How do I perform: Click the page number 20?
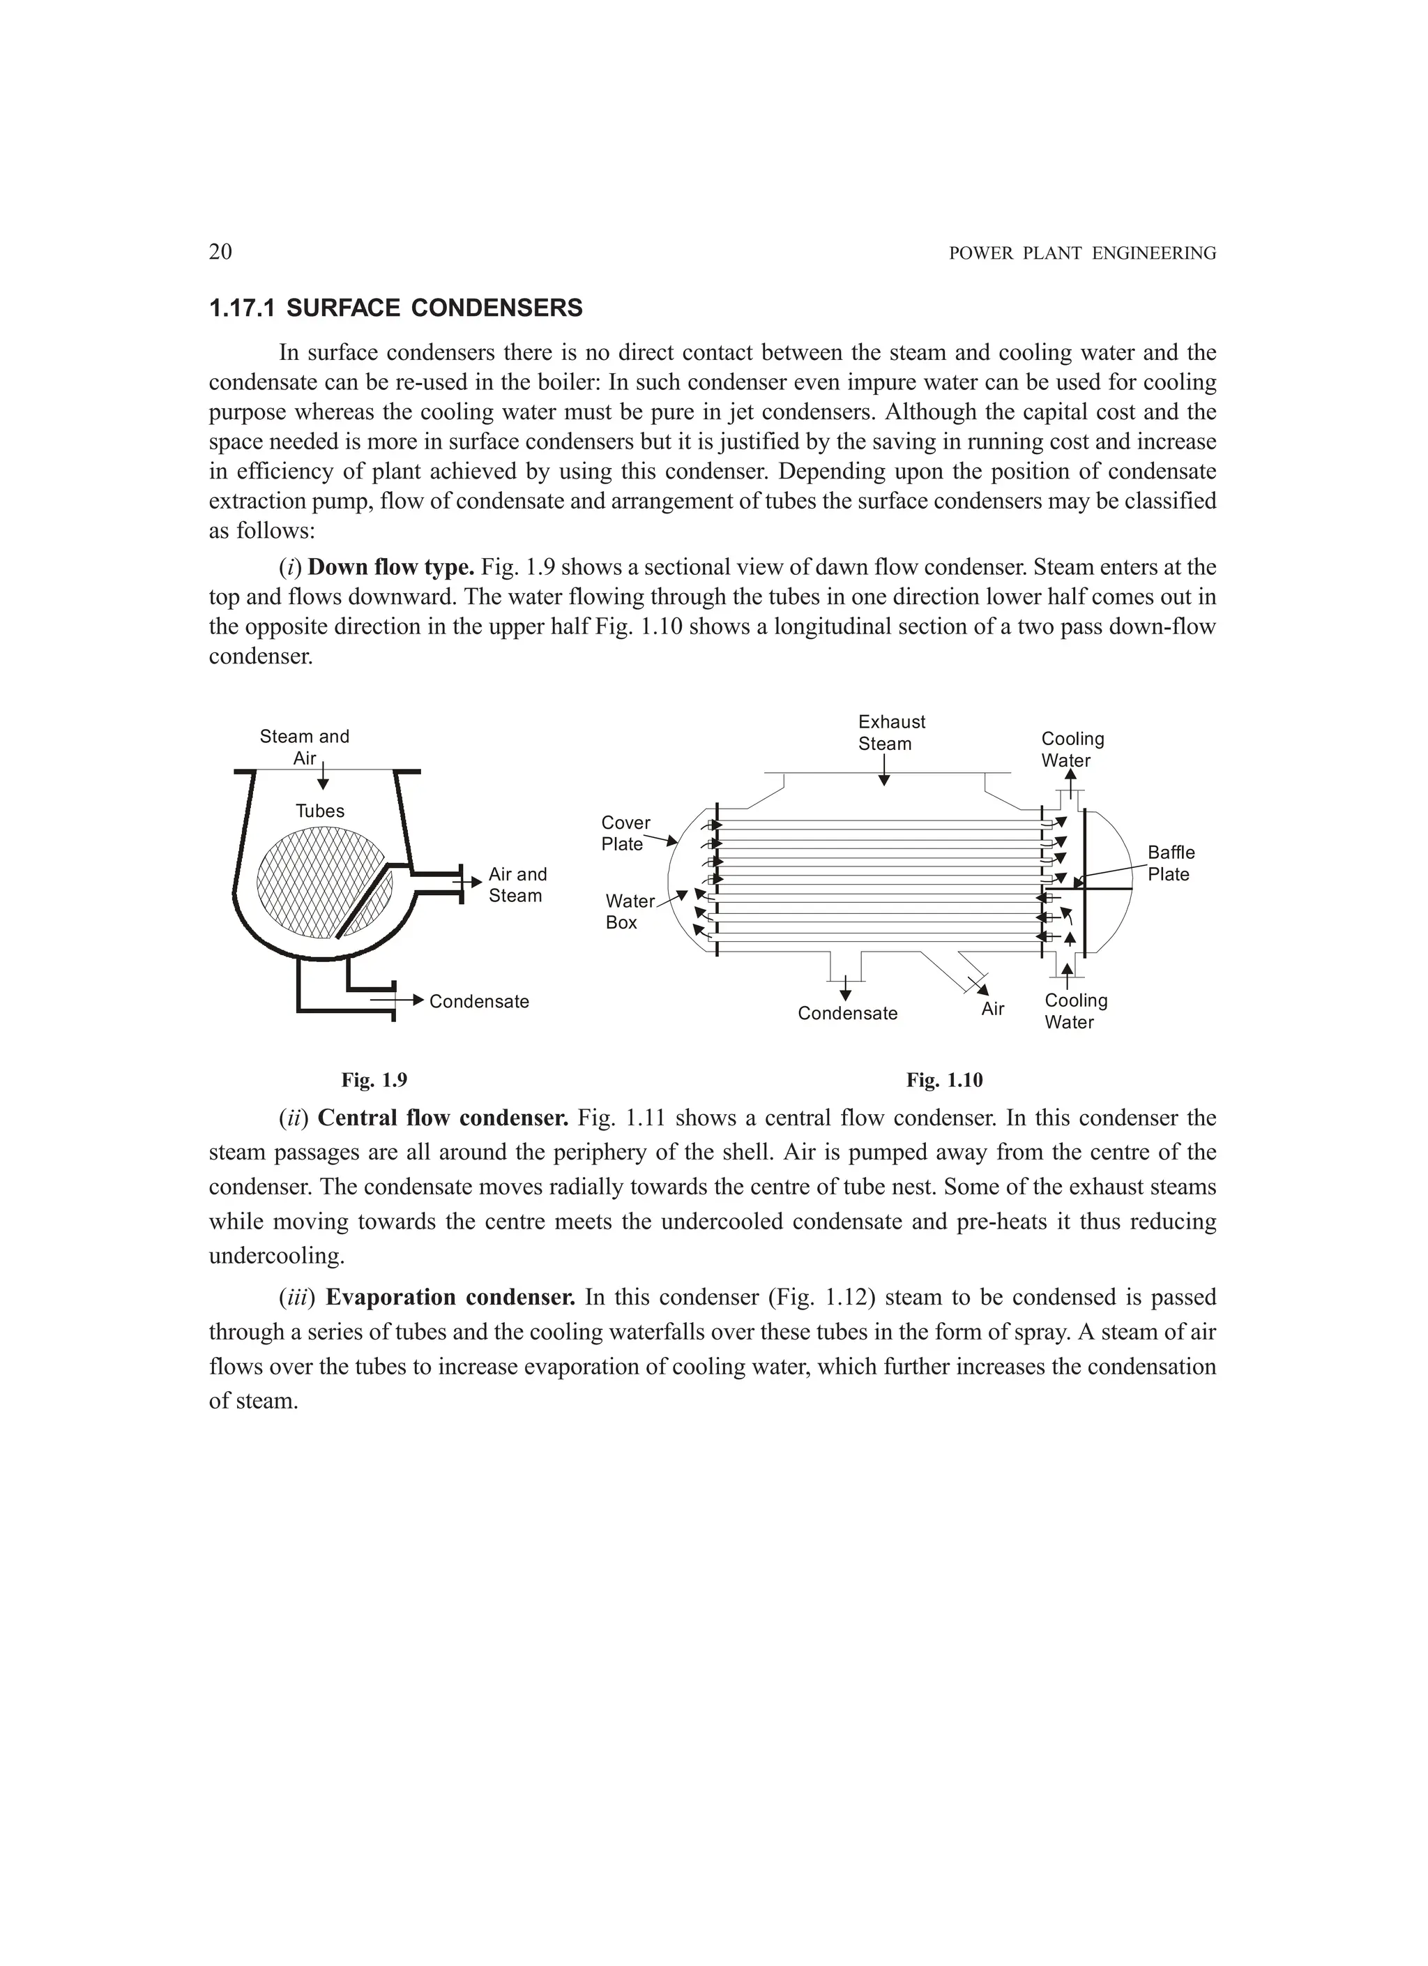click(220, 253)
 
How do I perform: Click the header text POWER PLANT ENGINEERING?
click(1082, 254)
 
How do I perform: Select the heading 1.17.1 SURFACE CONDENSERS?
click(396, 308)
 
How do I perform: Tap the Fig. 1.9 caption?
click(374, 1080)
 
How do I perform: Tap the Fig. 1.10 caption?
click(945, 1080)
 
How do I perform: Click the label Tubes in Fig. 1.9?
click(320, 811)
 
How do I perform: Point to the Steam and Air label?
click(304, 747)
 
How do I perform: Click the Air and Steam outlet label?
click(517, 885)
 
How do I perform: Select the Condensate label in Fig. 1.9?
click(479, 1002)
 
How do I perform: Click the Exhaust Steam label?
click(891, 733)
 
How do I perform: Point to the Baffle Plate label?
click(1171, 864)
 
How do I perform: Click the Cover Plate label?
click(625, 833)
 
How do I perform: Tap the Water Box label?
click(629, 912)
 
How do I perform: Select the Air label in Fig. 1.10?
click(993, 1009)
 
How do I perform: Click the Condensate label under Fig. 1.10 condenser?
click(847, 1013)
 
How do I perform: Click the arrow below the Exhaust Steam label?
click(884, 770)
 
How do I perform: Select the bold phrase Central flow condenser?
click(442, 1118)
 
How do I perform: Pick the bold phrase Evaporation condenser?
click(450, 1298)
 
